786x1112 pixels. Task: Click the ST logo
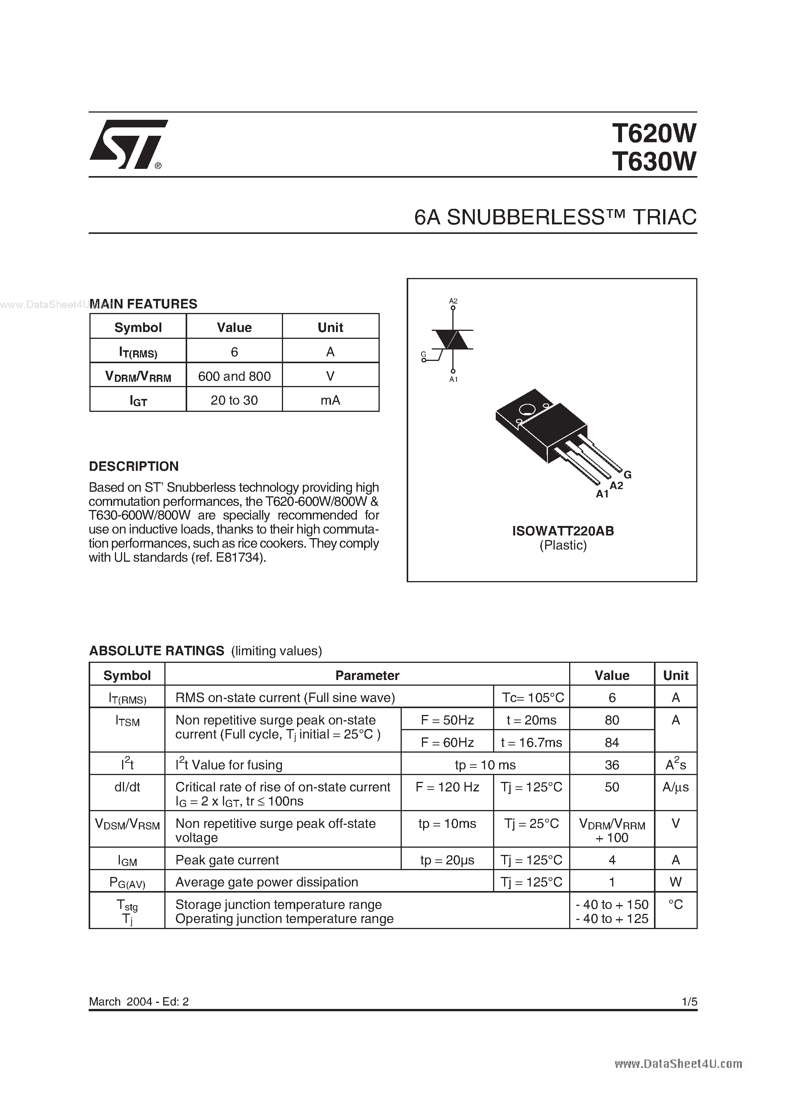(127, 145)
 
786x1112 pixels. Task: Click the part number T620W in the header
(654, 133)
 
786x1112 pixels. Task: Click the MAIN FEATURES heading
(143, 304)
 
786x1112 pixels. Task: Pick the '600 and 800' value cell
(234, 376)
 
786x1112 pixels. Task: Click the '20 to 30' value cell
(234, 400)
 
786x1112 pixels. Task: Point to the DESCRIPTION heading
(134, 466)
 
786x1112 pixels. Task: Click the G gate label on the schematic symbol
(423, 354)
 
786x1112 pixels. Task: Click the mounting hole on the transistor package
(526, 410)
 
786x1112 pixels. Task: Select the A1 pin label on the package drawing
(602, 494)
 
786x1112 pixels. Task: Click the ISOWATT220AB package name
(563, 531)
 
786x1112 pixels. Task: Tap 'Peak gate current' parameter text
(227, 860)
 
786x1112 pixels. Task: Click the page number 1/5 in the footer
(689, 1002)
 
